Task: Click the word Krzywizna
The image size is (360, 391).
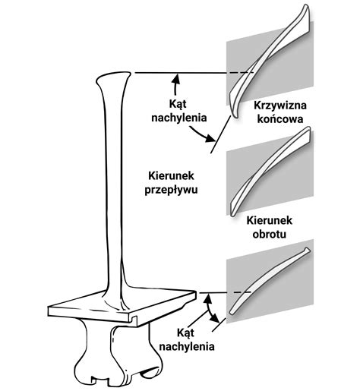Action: click(x=280, y=106)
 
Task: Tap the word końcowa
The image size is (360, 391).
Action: click(x=280, y=119)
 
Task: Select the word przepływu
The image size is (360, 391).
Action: click(x=171, y=190)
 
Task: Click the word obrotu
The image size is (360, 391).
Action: click(x=270, y=234)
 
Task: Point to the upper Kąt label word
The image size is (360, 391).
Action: click(x=178, y=104)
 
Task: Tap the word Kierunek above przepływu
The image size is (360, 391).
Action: click(x=171, y=176)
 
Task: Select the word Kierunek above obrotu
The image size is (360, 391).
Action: click(x=270, y=220)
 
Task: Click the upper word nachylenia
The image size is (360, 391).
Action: click(x=179, y=118)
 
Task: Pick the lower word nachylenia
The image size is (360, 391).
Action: click(x=187, y=347)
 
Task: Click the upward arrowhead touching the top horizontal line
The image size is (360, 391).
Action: click(x=176, y=79)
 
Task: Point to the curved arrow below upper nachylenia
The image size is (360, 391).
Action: click(x=203, y=134)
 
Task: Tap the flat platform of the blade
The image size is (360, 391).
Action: click(x=122, y=306)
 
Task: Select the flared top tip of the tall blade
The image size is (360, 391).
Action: click(x=114, y=78)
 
